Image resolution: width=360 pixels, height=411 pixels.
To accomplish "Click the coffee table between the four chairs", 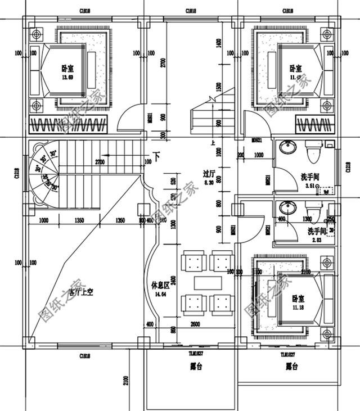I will [202, 281].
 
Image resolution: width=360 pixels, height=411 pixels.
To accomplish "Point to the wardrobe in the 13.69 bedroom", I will [68, 124].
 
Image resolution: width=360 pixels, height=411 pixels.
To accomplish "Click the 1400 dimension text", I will [218, 44].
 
